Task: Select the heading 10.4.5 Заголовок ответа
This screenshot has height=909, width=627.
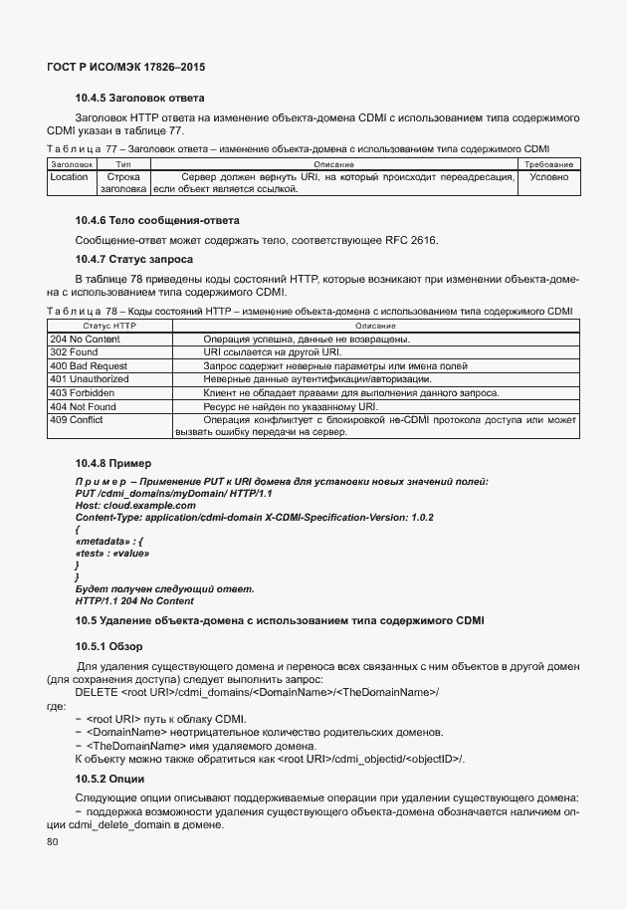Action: pyautogui.click(x=139, y=99)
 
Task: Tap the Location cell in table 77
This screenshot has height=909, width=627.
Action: pyautogui.click(x=69, y=177)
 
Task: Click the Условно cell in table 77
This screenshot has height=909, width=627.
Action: pyautogui.click(x=548, y=177)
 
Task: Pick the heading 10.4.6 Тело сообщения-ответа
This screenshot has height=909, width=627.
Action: pyautogui.click(x=157, y=220)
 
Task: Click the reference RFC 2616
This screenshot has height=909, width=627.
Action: pyautogui.click(x=410, y=241)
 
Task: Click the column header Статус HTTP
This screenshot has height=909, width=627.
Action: pyautogui.click(x=109, y=327)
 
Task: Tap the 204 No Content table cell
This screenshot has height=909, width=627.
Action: pyautogui.click(x=85, y=340)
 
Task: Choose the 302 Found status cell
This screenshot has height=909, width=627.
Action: pyautogui.click(x=74, y=352)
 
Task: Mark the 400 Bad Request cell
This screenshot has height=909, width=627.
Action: pyautogui.click(x=89, y=366)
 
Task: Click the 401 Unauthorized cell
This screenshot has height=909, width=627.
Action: pyautogui.click(x=91, y=379)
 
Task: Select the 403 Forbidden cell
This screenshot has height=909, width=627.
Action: pyautogui.click(x=82, y=393)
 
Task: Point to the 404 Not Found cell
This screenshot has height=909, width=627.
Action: pyautogui.click(x=83, y=406)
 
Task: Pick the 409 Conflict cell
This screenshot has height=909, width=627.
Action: pyautogui.click(x=76, y=420)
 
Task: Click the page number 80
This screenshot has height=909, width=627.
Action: pyautogui.click(x=53, y=842)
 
